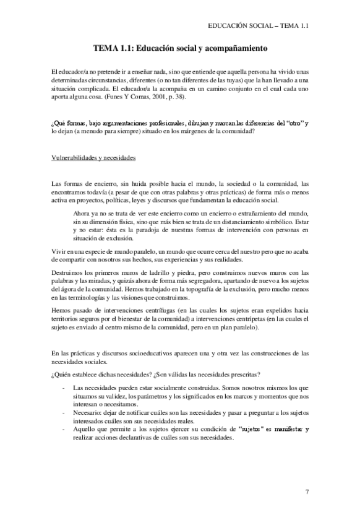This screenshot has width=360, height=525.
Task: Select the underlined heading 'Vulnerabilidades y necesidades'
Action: (x=93, y=157)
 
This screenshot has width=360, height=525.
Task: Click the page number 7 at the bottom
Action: (x=307, y=492)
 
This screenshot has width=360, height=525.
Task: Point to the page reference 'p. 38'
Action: (x=179, y=97)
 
